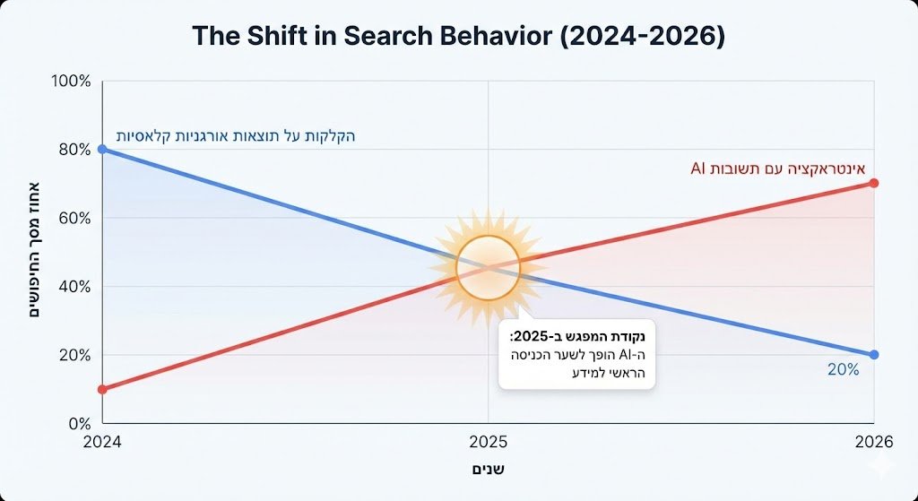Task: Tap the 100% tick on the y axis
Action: point(72,81)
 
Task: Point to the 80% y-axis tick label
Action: point(74,150)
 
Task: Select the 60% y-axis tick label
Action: point(74,218)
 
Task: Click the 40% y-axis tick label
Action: point(74,287)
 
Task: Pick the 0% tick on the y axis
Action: point(79,423)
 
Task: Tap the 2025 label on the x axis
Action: point(488,442)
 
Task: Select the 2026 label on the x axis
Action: point(874,442)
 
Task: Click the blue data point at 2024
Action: point(102,149)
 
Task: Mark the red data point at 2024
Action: point(102,389)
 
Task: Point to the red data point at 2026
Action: point(874,183)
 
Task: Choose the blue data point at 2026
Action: point(874,355)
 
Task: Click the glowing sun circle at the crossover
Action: point(488,268)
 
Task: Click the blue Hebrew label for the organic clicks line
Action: point(236,136)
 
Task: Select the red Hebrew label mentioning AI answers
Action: point(777,167)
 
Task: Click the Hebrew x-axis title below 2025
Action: point(488,469)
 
